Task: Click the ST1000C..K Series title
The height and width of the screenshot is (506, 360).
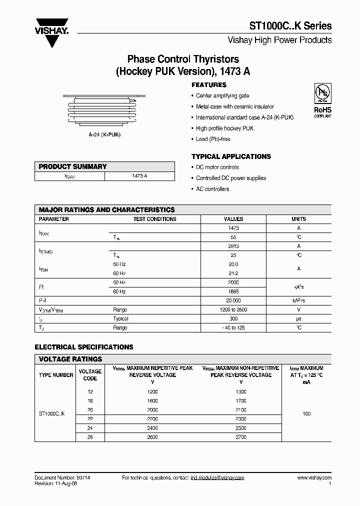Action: pyautogui.click(x=290, y=26)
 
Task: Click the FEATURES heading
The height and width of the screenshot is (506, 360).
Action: pyautogui.click(x=209, y=85)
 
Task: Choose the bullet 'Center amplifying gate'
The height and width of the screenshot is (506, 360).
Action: pyautogui.click(x=222, y=96)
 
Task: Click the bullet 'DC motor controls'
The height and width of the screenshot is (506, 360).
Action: pyautogui.click(x=217, y=167)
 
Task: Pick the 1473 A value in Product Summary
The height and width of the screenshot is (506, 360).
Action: pyautogui.click(x=139, y=176)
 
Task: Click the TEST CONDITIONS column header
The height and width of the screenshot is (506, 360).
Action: pyautogui.click(x=154, y=219)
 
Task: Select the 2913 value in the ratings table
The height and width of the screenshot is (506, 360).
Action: pyautogui.click(x=233, y=246)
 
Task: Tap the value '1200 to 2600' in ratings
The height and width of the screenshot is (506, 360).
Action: pyautogui.click(x=233, y=309)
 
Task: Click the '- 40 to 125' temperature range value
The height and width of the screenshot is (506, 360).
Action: pyautogui.click(x=233, y=327)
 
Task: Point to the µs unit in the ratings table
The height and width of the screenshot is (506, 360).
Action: pyautogui.click(x=298, y=318)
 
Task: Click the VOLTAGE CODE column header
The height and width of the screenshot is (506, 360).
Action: pyautogui.click(x=90, y=375)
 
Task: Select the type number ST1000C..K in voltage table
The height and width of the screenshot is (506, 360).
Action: pyautogui.click(x=55, y=414)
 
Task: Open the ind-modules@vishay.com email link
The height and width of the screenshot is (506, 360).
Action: pyautogui.click(x=217, y=478)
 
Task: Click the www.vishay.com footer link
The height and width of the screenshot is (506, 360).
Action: pyautogui.click(x=313, y=478)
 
